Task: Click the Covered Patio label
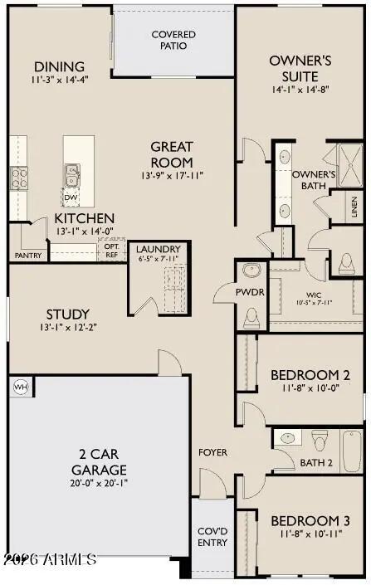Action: [173, 40]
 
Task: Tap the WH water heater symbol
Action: [20, 387]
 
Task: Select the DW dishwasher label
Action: [71, 198]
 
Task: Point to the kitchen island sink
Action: [72, 174]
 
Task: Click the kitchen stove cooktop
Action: [18, 176]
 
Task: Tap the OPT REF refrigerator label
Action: [111, 251]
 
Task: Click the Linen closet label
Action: [355, 204]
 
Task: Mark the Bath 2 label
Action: [316, 463]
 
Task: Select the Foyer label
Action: [212, 452]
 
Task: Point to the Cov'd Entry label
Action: [211, 537]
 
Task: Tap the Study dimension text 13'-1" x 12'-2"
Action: [68, 327]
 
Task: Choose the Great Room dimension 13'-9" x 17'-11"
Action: [172, 175]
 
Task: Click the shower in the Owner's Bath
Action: [344, 161]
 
